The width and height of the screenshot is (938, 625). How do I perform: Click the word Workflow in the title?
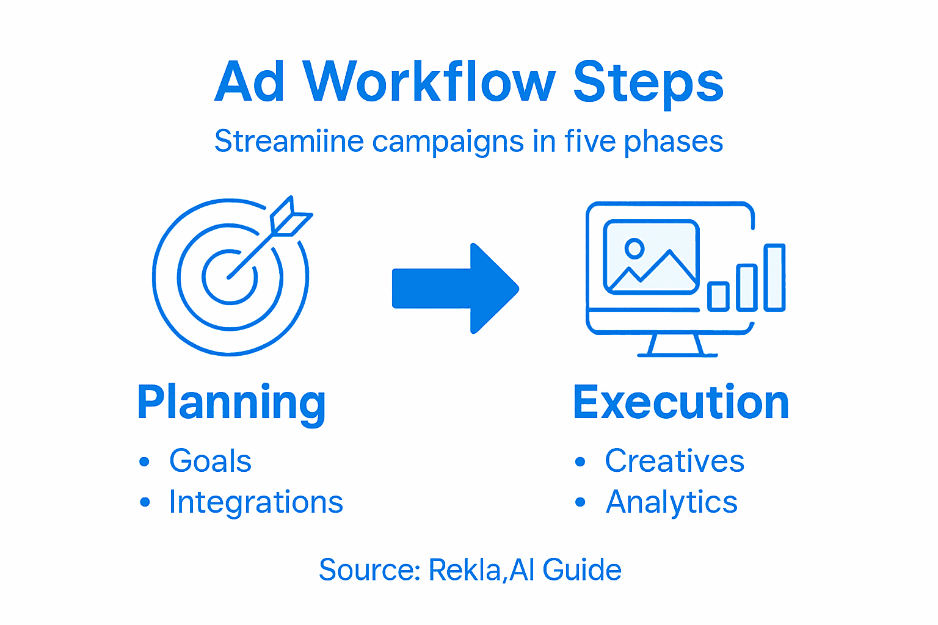pos(429,82)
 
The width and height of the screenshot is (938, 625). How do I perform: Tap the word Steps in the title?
pos(648,83)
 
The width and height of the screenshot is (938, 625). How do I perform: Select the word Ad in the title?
pos(250,82)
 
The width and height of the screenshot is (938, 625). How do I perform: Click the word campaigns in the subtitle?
pos(448,142)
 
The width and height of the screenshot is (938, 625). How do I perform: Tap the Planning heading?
pos(231,403)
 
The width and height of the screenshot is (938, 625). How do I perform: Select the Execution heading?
pos(681,403)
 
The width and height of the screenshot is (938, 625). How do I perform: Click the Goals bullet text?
pos(211,461)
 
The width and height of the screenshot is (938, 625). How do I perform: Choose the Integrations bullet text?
pos(256,502)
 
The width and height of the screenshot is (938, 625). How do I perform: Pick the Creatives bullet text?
pos(674,461)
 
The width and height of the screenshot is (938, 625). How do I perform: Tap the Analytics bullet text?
pos(672,502)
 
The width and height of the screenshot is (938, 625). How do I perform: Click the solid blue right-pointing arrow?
pos(455,289)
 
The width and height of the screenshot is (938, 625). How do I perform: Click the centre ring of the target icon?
pos(230,276)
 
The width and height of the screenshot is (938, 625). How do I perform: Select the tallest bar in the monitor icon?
pos(775,278)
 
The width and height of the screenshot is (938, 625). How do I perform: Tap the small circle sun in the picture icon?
pos(634,248)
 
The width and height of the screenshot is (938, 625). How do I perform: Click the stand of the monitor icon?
pos(677,345)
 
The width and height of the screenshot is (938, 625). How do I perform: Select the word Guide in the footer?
pos(582,570)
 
